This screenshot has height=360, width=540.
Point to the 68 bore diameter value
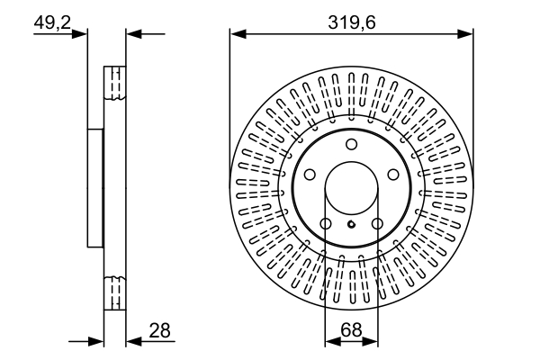click(x=351, y=329)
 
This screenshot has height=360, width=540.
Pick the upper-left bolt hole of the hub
click(x=309, y=175)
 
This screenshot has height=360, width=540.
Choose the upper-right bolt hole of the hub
click(x=393, y=175)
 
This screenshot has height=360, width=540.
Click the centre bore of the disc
click(x=351, y=189)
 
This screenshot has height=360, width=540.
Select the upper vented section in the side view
click(x=113, y=85)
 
